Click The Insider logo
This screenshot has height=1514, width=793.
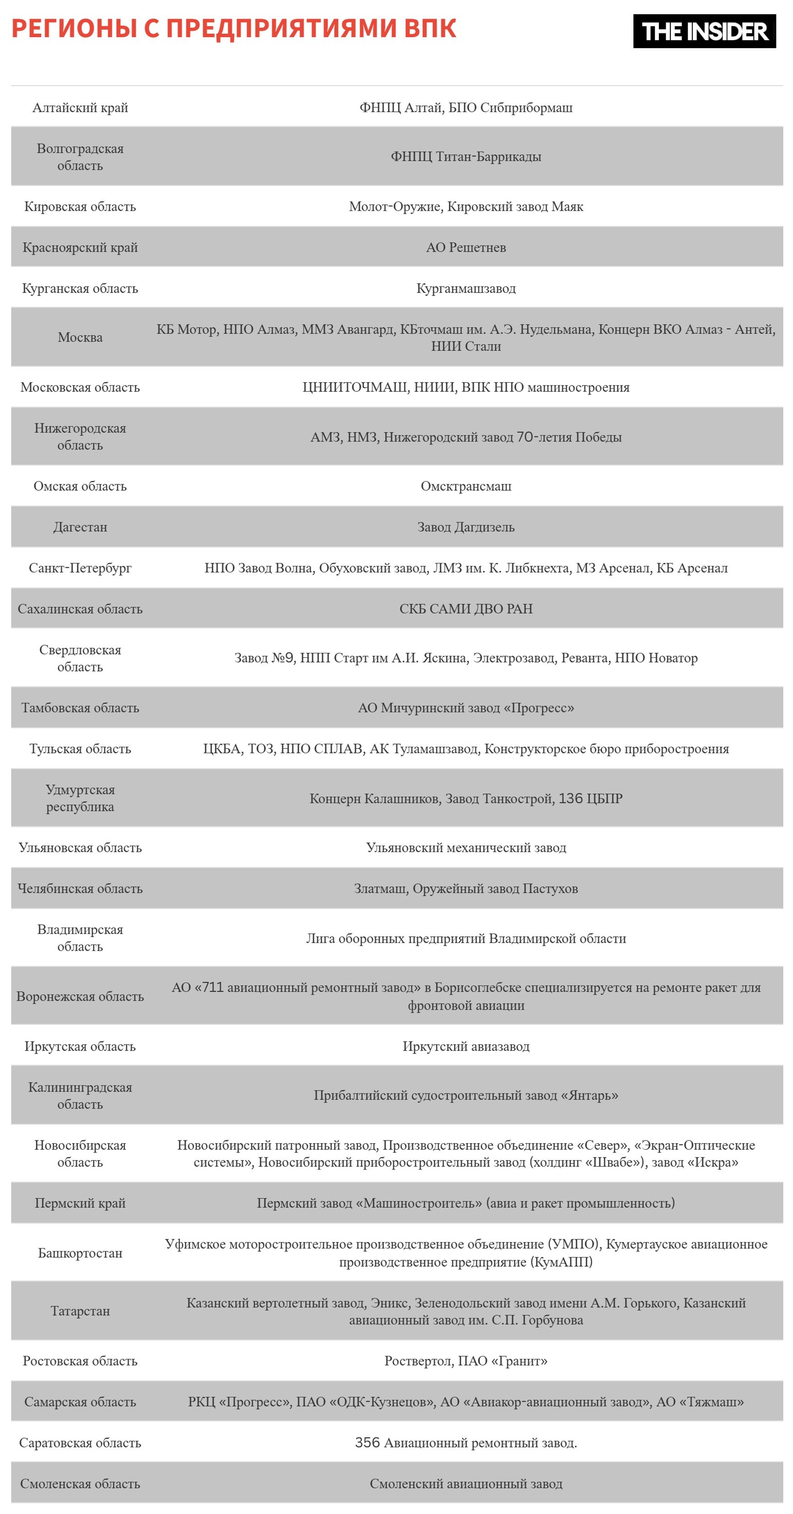[x=704, y=31]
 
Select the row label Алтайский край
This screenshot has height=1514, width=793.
[x=80, y=108]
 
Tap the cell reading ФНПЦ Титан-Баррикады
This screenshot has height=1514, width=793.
[x=466, y=156]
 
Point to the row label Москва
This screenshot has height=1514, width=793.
[x=80, y=337]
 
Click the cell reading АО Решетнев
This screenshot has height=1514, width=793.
[x=466, y=247]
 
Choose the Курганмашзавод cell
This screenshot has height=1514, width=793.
[x=466, y=288]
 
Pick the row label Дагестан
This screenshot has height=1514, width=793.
[x=80, y=527]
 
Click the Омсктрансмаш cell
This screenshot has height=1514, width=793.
[x=466, y=486]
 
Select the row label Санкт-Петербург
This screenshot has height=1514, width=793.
[x=80, y=568]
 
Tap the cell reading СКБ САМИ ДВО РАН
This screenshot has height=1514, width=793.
[x=466, y=609]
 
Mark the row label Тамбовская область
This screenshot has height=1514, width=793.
[x=80, y=708]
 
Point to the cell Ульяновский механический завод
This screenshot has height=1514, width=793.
[x=466, y=847]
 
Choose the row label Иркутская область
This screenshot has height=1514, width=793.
[x=80, y=1046]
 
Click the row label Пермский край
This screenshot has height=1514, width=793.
[x=80, y=1203]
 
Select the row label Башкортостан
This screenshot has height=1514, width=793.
[x=80, y=1253]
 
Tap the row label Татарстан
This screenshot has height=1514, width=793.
[x=80, y=1311]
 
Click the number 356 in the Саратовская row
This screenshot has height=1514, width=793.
[x=367, y=1443]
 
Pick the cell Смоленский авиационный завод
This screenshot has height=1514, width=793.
[x=466, y=1484]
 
